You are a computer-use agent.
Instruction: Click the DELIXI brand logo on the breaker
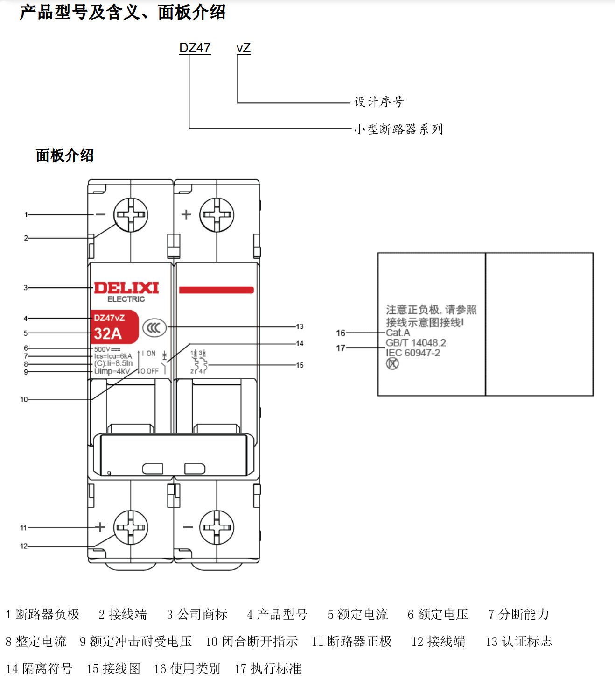[126, 288]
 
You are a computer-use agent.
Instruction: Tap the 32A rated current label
[108, 333]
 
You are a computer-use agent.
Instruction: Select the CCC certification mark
[154, 327]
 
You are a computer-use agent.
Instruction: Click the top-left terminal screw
[131, 215]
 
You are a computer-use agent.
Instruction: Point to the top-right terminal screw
[217, 215]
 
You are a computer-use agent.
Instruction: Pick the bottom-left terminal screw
[131, 527]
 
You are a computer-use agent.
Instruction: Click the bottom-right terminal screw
[217, 527]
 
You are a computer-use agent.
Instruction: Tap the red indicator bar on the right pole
[216, 290]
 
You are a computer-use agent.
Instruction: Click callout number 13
[300, 326]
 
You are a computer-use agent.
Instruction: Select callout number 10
[24, 399]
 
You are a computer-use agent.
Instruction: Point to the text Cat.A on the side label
[398, 333]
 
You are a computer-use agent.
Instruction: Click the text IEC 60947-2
[412, 353]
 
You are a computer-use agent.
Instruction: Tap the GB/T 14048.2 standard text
[415, 343]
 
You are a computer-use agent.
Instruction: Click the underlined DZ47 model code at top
[195, 48]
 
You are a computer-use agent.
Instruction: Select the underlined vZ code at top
[243, 48]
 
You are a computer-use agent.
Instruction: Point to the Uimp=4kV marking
[112, 371]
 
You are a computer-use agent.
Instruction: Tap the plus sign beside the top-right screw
[186, 214]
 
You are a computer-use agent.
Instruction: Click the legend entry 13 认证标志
[518, 641]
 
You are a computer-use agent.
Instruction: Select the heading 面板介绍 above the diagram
[64, 155]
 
